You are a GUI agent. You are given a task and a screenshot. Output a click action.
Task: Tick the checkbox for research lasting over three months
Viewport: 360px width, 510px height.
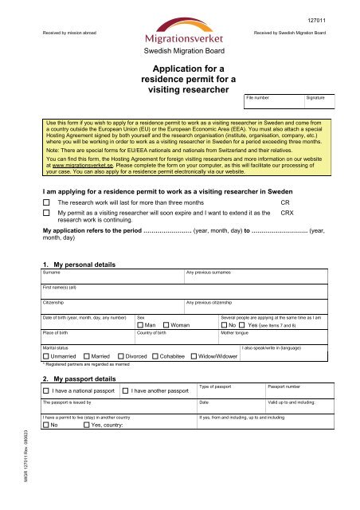pos(45,203)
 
